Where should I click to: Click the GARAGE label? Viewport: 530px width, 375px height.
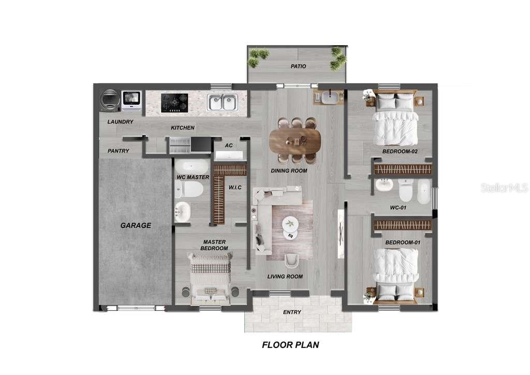[136, 225]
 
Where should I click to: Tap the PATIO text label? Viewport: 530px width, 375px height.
[298, 66]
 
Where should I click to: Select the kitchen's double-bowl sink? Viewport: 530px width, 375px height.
[222, 102]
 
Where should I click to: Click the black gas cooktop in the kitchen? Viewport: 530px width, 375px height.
[174, 102]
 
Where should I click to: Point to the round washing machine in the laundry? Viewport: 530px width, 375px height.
[110, 100]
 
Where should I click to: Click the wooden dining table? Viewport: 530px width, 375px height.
[295, 139]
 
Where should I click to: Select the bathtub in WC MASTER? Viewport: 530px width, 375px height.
[192, 167]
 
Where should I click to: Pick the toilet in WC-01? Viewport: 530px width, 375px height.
[406, 191]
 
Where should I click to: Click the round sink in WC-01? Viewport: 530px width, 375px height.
[384, 185]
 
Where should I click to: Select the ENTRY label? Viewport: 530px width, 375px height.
[292, 312]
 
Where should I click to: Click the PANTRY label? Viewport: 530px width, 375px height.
[118, 151]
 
